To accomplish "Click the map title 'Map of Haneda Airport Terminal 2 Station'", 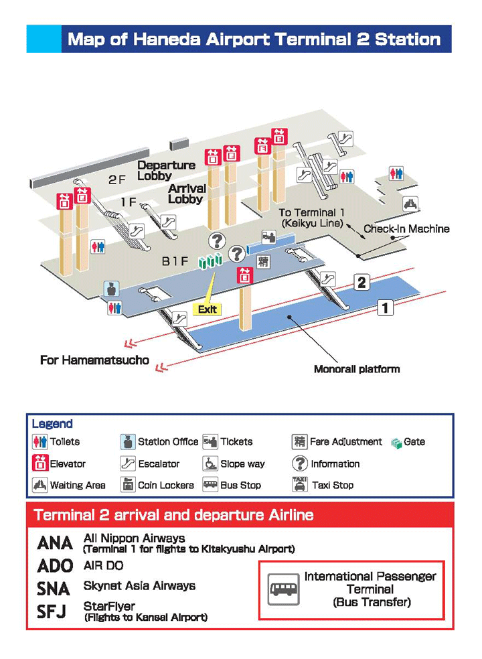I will (x=254, y=39).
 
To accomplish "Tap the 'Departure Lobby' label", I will (x=166, y=170).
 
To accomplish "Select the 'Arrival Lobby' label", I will (x=185, y=194).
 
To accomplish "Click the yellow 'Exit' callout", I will (x=207, y=309).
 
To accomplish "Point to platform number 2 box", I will (x=361, y=282).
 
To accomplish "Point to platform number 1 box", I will (x=385, y=307).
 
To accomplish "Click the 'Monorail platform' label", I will (x=357, y=369).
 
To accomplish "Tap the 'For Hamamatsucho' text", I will (x=94, y=360).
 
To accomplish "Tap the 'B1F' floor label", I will (x=175, y=262).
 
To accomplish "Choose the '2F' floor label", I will (x=117, y=179).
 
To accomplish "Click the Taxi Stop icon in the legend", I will (x=299, y=484).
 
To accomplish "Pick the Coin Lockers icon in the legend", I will (x=128, y=484).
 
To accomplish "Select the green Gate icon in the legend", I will (x=396, y=442).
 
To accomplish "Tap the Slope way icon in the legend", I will (x=210, y=463).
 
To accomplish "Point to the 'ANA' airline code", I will (x=55, y=543).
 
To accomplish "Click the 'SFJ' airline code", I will (x=52, y=611).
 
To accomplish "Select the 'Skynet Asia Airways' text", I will (x=139, y=586).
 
